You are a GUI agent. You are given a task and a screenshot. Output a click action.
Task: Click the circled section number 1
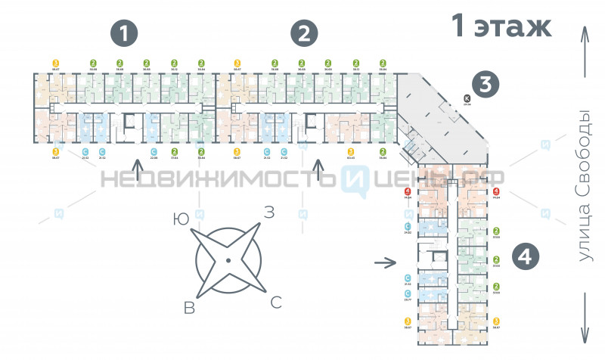click(125, 34)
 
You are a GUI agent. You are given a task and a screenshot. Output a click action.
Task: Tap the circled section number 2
click(304, 34)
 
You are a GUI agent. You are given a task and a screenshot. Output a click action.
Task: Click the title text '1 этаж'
click(501, 26)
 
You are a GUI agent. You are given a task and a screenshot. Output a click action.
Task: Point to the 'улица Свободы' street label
click(584, 186)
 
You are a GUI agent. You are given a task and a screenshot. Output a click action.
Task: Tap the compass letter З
click(268, 213)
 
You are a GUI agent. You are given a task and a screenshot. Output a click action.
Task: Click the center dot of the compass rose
click(228, 261)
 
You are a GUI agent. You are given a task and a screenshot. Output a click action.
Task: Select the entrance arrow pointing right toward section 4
click(385, 263)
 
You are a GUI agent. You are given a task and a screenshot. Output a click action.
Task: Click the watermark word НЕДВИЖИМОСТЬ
click(219, 180)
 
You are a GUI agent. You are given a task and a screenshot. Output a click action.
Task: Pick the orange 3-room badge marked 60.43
click(350, 152)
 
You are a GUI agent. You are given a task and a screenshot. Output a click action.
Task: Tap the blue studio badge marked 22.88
click(154, 152)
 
